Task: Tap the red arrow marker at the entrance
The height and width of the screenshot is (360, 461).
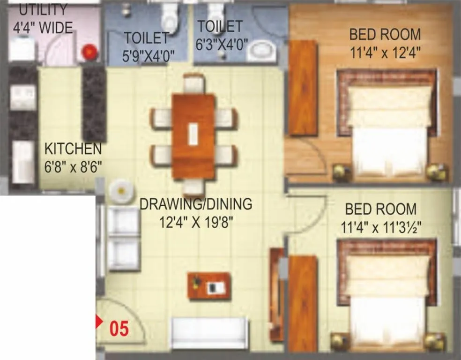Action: [99, 322]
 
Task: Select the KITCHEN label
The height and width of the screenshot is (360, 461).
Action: [73, 149]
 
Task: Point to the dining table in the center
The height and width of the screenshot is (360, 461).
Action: [193, 136]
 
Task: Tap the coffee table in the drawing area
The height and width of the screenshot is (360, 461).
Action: [209, 285]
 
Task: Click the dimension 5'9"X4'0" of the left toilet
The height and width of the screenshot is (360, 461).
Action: [149, 55]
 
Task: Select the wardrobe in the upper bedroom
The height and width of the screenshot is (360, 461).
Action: [303, 88]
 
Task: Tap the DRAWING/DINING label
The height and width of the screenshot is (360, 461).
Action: [196, 204]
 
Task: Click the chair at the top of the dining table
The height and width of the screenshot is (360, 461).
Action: [193, 83]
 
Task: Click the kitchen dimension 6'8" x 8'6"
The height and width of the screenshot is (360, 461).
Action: [73, 166]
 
